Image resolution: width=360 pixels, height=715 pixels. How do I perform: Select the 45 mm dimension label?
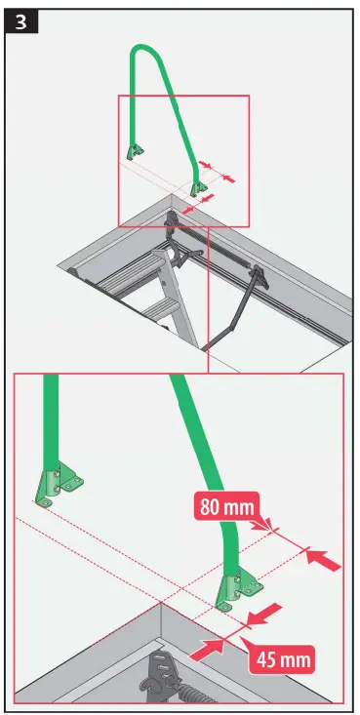283,660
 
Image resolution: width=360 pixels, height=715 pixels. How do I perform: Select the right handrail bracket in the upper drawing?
200,188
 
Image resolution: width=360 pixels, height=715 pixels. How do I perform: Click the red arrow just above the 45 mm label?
265,615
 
